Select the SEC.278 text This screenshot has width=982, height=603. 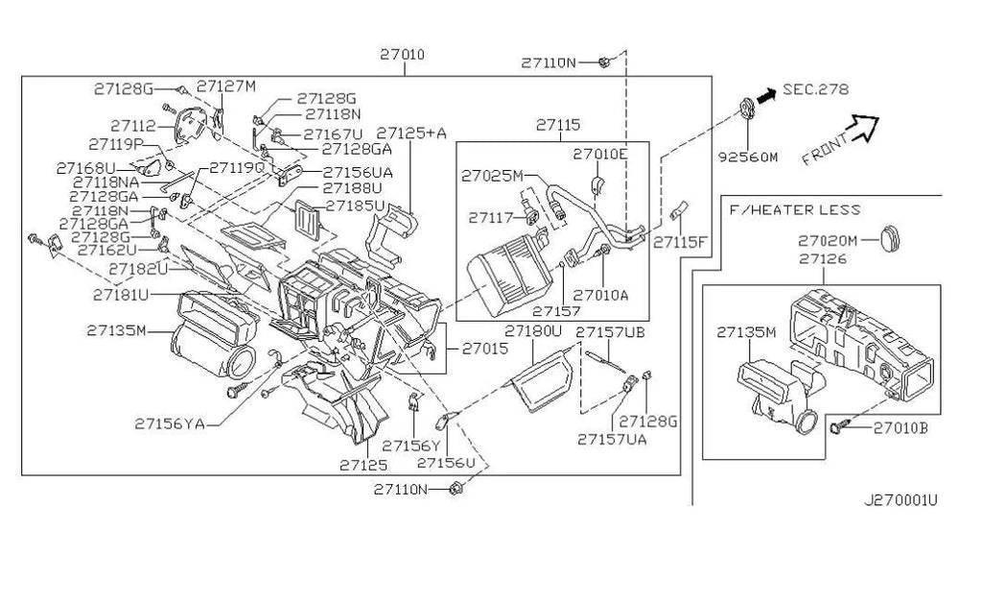click(x=815, y=89)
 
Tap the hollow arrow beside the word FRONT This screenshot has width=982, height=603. click(x=865, y=125)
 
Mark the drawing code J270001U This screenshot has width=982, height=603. click(x=900, y=499)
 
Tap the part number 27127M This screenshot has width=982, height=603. click(x=227, y=85)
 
